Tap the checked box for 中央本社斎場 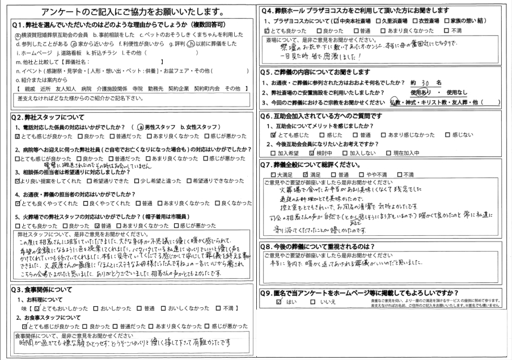340,20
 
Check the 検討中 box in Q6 312,153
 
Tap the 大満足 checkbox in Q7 274,174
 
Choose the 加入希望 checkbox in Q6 274,153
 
